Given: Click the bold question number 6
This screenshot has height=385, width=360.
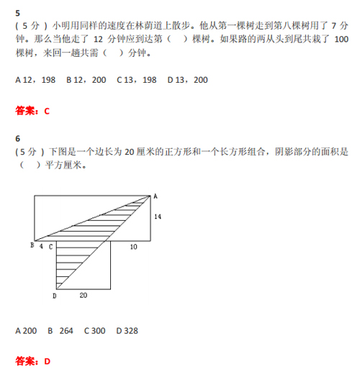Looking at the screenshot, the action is point(18,139).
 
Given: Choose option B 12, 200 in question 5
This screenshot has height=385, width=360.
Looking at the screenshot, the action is point(86,80).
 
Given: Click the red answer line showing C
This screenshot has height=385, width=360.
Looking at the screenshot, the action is point(32,111).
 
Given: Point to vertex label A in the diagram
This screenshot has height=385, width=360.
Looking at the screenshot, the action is point(155,196).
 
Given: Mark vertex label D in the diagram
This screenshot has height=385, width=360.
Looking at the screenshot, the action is point(54,295).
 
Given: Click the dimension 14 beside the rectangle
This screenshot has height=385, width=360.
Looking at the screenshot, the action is point(158,217).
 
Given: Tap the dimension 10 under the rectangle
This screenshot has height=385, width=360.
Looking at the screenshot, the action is point(133,247).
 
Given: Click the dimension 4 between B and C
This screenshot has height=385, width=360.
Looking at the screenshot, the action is point(41,247).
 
